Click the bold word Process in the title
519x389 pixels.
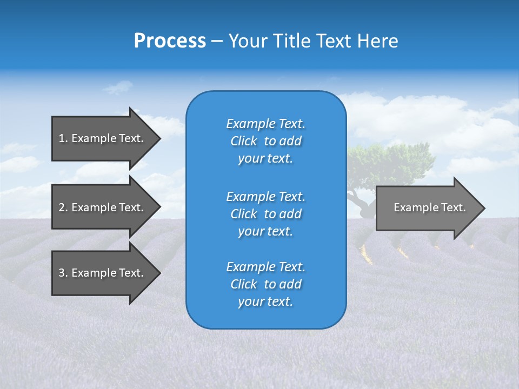[170, 41]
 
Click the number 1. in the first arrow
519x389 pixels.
[63, 138]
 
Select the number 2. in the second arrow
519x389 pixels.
[63, 207]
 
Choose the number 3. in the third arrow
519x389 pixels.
[63, 273]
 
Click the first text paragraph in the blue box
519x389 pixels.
[265, 141]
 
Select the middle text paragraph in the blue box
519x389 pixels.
[265, 213]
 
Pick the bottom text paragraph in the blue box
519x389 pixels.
[265, 284]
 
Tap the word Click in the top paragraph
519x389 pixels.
[243, 141]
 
